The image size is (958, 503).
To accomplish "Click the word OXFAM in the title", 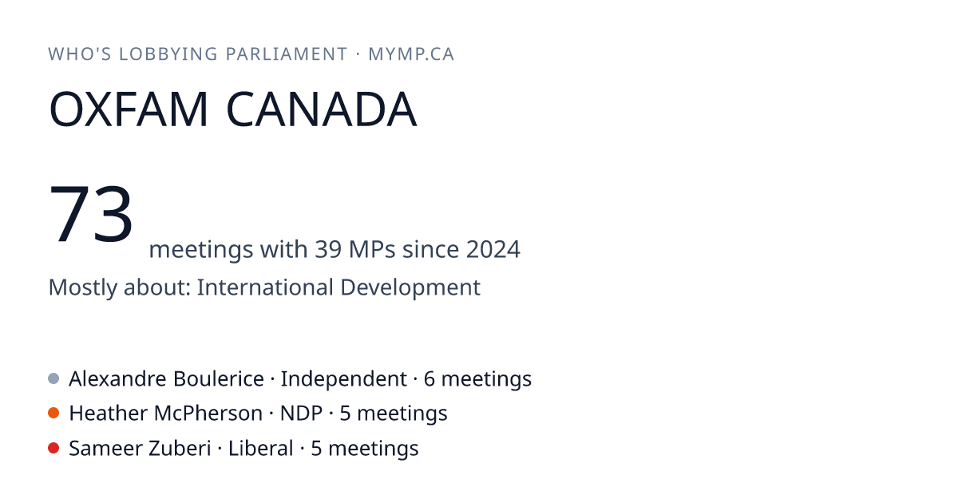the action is (x=129, y=109).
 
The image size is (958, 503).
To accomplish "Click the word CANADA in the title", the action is (x=321, y=109).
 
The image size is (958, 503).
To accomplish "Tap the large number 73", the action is (x=91, y=213).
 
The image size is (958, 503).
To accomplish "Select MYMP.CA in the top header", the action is (x=411, y=54).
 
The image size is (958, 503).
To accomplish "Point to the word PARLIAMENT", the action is (x=287, y=54).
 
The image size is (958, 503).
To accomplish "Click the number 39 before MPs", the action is (x=328, y=249).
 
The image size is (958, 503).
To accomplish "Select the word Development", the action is (x=410, y=287).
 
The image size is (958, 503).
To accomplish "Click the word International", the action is (x=265, y=287).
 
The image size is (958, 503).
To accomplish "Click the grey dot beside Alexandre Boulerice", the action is (x=53, y=378).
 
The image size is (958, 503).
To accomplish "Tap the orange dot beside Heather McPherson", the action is (x=53, y=414).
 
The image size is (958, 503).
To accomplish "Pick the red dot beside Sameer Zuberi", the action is (x=53, y=448).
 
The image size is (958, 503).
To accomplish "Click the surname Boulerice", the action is (x=219, y=379).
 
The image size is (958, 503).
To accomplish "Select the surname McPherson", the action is (x=208, y=414).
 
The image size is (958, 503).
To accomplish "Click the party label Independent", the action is (x=343, y=379).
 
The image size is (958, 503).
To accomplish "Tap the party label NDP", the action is (x=301, y=414).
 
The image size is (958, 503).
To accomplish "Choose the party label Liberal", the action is (x=261, y=449).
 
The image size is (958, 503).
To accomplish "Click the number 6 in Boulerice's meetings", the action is (x=429, y=379).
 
